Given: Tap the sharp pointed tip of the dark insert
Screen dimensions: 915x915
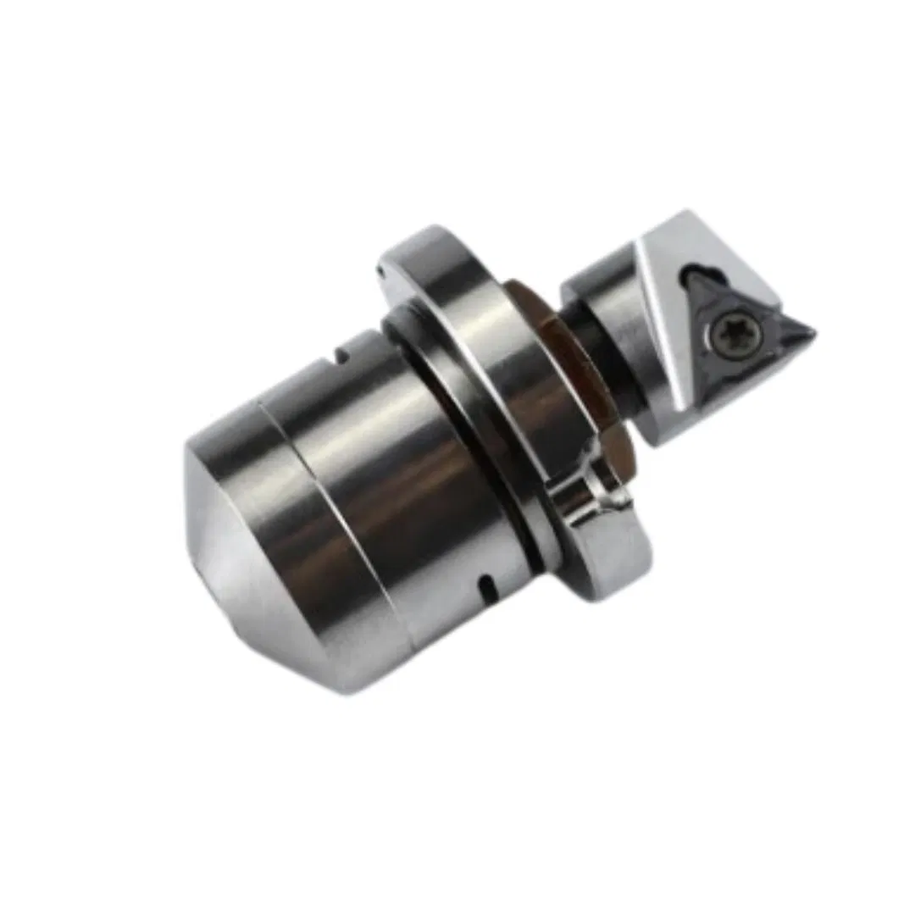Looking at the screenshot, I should pos(812,332).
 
